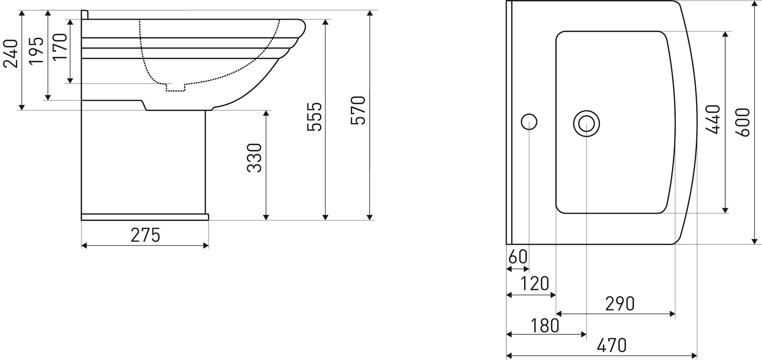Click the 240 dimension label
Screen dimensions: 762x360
(x=11, y=54)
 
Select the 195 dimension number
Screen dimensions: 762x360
(x=37, y=50)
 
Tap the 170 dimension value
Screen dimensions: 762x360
(x=60, y=47)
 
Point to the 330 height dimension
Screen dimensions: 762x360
(x=254, y=158)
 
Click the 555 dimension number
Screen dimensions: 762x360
(x=315, y=117)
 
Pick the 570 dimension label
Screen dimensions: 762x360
(x=358, y=110)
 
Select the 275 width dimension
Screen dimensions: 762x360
(x=145, y=235)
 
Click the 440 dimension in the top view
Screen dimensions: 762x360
(x=713, y=119)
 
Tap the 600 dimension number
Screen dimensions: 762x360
(x=743, y=122)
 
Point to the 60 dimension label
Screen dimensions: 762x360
(x=518, y=257)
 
